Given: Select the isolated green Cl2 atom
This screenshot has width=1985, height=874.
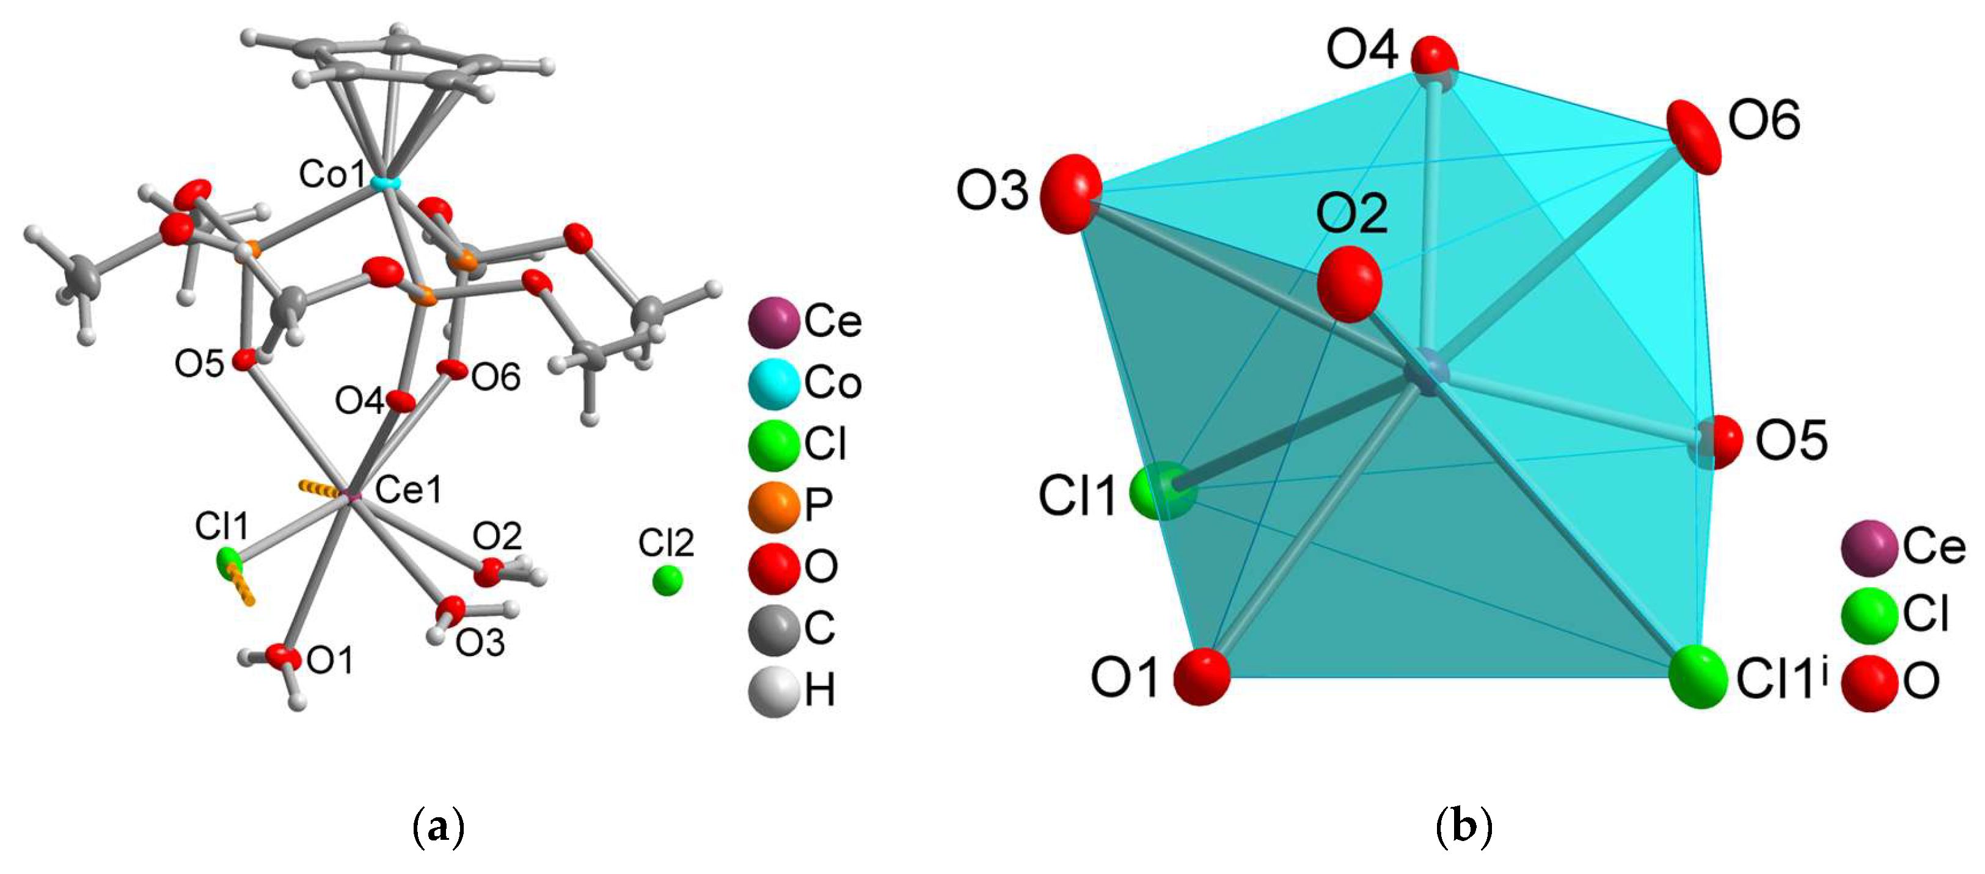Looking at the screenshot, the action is tap(667, 580).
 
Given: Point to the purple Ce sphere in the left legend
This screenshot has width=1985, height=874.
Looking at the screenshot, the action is tap(773, 322).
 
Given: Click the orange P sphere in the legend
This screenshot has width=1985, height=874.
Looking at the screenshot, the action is tap(773, 506).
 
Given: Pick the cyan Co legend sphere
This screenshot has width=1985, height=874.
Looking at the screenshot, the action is tap(773, 383).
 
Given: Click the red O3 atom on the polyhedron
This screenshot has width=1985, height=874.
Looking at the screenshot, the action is tap(1070, 193).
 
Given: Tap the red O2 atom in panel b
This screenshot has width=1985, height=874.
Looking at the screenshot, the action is tap(1348, 283).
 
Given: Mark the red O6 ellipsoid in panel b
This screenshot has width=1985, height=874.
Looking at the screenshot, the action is tap(1694, 137).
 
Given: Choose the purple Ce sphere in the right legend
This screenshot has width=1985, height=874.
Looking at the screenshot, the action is tap(1870, 547).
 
